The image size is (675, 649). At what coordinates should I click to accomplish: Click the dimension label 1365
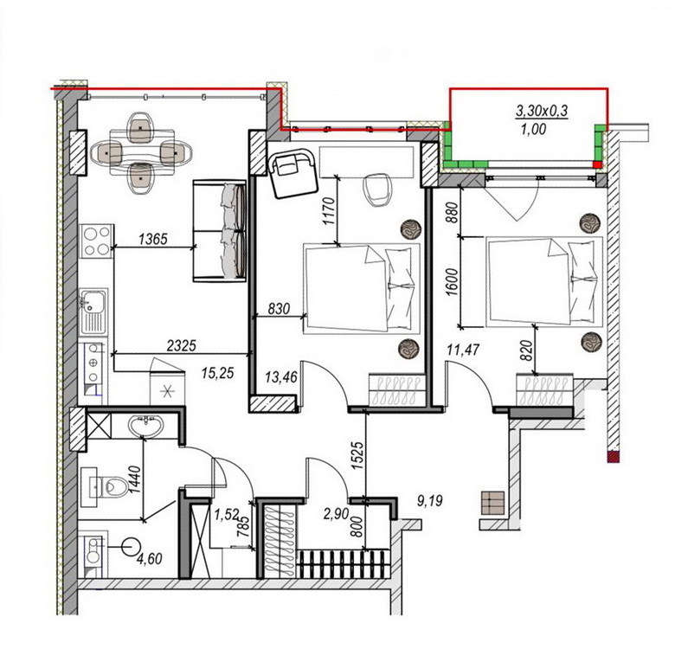point(153,239)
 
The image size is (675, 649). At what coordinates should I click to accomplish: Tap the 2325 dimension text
point(181,345)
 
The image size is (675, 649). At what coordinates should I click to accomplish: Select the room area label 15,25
point(218,373)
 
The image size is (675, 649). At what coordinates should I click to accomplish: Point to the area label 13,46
point(281,377)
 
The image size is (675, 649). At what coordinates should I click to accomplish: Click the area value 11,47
point(463,350)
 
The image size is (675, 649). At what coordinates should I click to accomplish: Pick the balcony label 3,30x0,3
point(542,111)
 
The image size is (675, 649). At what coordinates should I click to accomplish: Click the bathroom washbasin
point(146,426)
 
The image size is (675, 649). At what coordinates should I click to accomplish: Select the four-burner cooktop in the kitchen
point(96,241)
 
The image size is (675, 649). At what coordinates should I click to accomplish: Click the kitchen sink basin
point(93,301)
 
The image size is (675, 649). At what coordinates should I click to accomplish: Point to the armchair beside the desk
point(292,173)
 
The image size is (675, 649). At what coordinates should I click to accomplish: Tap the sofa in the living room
point(220,231)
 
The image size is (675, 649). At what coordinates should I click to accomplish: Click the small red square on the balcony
point(597,164)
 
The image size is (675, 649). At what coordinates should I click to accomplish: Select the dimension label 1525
point(358,455)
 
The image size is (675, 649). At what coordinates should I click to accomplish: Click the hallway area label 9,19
point(430,500)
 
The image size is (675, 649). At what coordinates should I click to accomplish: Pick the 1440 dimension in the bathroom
point(135,479)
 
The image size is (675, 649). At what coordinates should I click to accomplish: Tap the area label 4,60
point(149,559)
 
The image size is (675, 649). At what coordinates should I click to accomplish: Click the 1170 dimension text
point(329,211)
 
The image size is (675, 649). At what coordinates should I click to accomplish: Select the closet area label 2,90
point(337,513)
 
